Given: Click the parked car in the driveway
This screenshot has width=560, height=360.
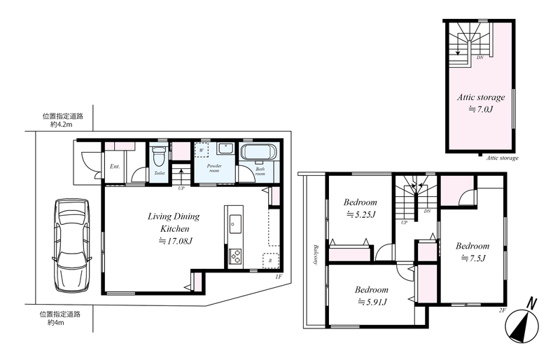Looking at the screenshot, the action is pos(71,246).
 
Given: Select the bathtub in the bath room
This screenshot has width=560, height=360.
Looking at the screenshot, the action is pos(258,153).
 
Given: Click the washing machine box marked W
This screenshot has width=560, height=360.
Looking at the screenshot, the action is pos(202,150).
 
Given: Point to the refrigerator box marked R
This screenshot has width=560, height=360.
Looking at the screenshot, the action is pos(270,261).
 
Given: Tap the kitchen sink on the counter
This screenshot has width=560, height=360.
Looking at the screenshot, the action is pos(235,225).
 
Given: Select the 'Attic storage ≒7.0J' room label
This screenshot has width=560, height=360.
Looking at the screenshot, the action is pos(481,103).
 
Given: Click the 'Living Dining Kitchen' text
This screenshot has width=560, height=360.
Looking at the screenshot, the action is pos(174,222).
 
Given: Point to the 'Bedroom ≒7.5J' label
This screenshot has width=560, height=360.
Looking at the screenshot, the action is pos(472,251).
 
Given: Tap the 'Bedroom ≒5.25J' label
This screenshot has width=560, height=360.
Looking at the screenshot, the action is pos(360,208).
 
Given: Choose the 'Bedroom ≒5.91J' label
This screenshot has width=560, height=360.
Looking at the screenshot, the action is pos(372,296).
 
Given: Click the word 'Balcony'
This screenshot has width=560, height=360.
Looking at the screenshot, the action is pos(316,254).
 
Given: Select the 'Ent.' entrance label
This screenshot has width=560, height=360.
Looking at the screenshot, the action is pos(115,167).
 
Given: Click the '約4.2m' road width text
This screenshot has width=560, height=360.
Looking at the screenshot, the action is pos(61,125).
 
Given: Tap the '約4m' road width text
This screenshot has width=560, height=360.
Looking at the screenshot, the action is pos(56,323).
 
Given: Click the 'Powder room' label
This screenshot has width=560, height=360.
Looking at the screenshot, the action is pos(214,168).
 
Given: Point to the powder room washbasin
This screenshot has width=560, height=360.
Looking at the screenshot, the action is pos(225,148).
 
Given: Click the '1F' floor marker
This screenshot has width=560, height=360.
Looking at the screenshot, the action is pos(279,277).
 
